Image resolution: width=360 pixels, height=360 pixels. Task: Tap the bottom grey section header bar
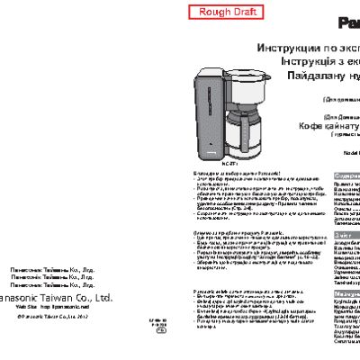point(346,294)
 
